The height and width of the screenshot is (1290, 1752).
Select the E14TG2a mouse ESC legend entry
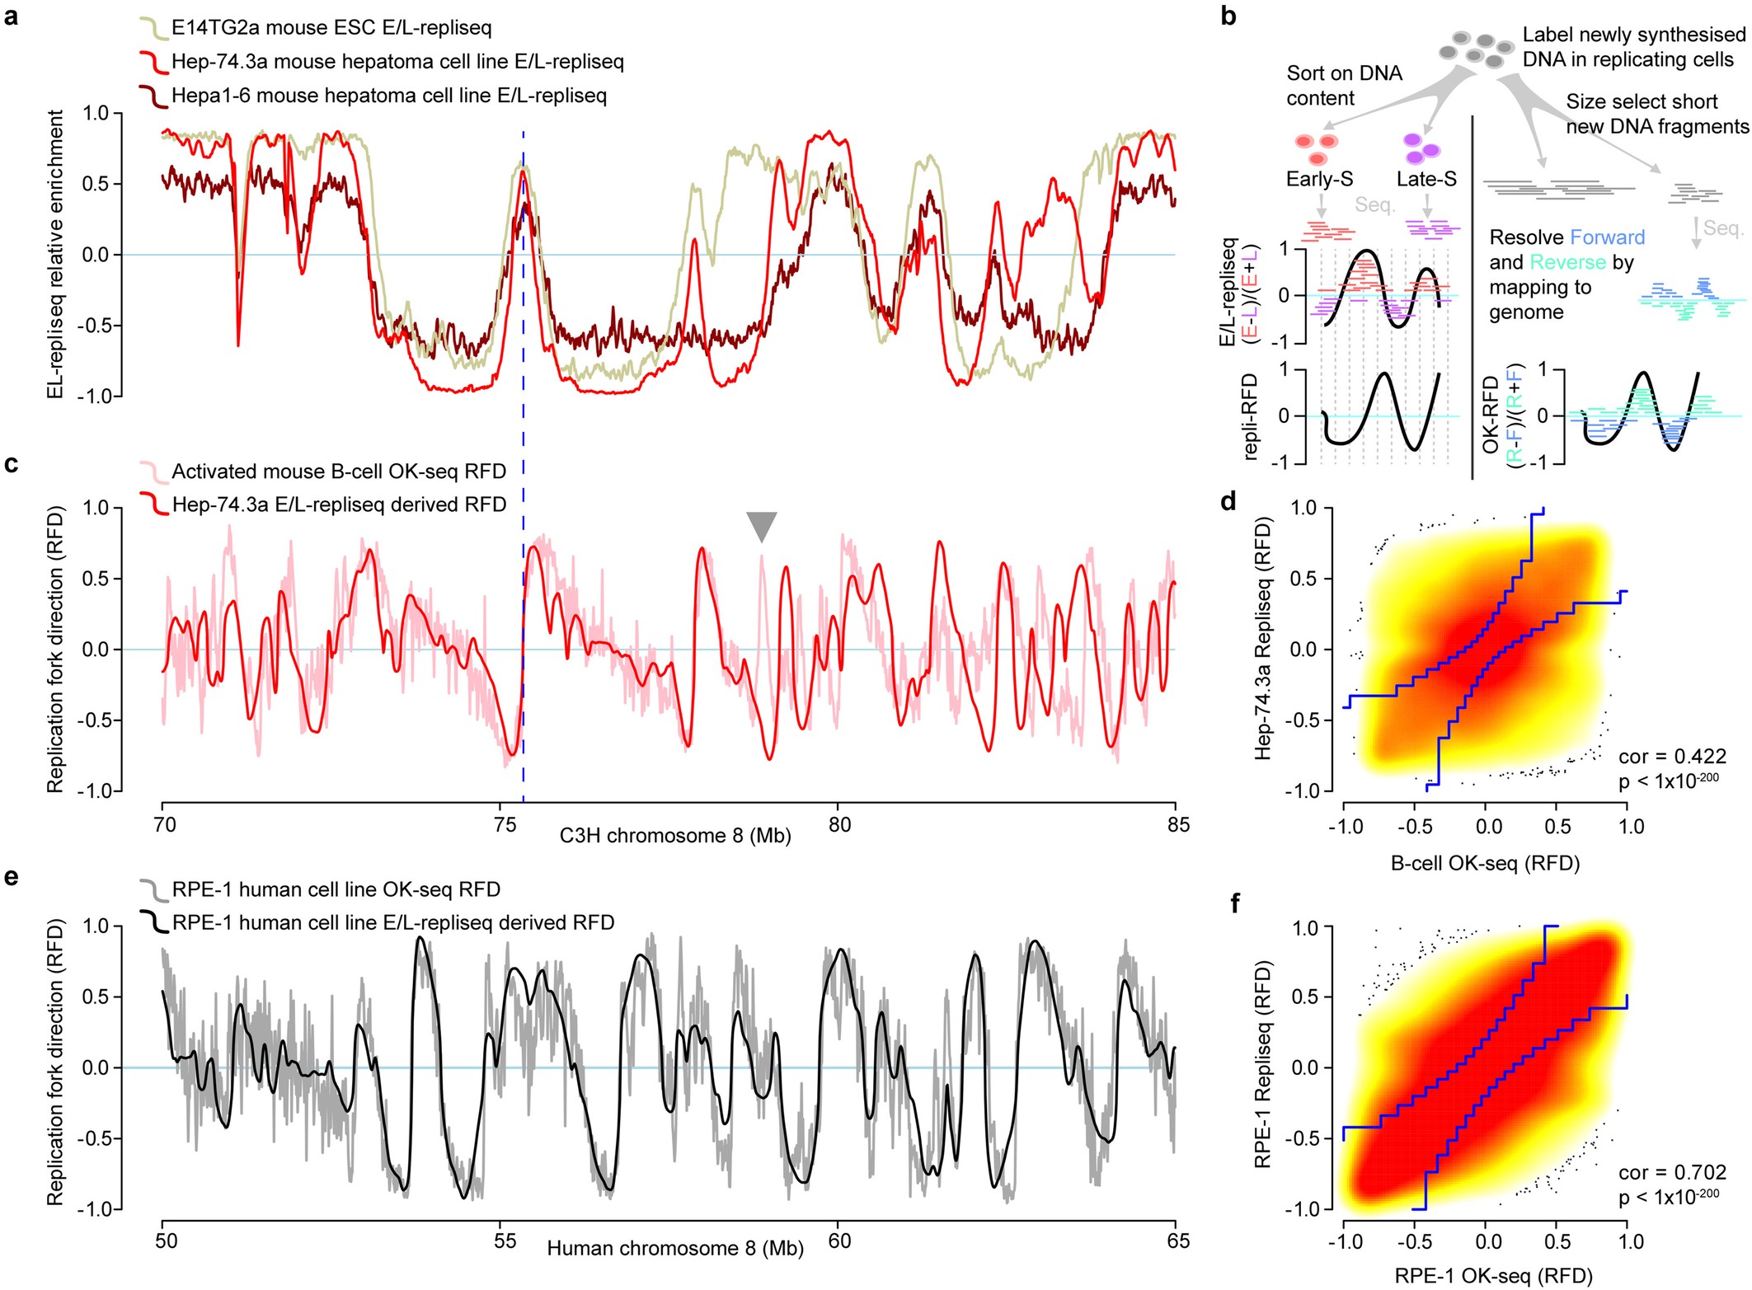point(331,28)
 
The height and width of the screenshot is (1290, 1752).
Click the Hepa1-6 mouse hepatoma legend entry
point(388,96)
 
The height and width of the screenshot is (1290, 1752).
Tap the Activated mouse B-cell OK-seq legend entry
point(338,471)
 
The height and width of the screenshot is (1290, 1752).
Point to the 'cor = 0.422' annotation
point(1671,756)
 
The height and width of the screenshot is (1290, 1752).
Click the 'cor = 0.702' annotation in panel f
point(1671,1172)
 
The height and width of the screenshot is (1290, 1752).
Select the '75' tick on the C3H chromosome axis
point(504,825)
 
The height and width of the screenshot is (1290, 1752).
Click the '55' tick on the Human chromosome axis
point(504,1241)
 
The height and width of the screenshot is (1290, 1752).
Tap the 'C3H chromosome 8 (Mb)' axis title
point(674,836)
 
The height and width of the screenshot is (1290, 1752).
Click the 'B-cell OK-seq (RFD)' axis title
point(1485,863)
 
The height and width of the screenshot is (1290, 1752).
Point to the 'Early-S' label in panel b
point(1319,179)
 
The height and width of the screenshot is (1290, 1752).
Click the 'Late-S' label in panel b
point(1426,179)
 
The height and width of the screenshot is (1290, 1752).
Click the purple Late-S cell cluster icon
point(1421,148)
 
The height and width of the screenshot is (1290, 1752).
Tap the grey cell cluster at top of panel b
point(1473,50)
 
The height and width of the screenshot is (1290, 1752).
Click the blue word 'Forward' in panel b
point(1607,237)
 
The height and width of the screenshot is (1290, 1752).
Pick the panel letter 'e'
point(12,876)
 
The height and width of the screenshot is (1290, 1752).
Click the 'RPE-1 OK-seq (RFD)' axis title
point(1493,1275)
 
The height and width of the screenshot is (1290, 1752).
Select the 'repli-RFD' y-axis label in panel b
point(1250,416)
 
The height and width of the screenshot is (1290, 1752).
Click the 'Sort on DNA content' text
point(1344,85)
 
